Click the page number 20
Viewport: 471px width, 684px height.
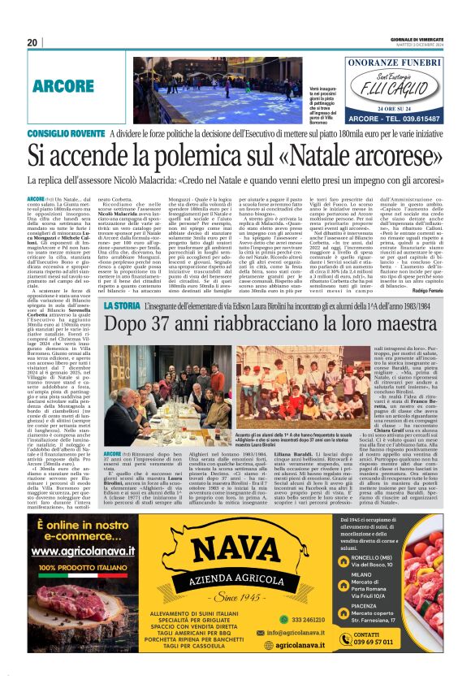[32, 42]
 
